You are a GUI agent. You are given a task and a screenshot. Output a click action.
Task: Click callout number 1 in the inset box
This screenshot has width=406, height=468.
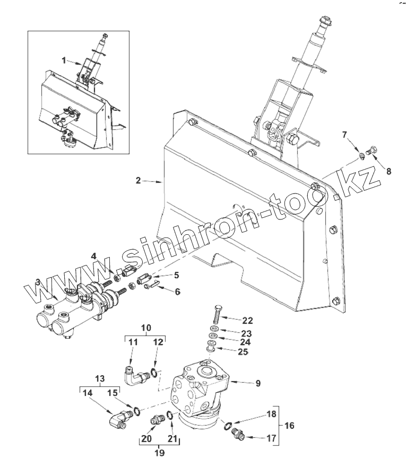click(64, 60)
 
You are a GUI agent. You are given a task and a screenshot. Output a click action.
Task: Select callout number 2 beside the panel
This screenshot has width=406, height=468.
click(138, 181)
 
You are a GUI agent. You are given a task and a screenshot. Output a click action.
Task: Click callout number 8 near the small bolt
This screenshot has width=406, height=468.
click(388, 171)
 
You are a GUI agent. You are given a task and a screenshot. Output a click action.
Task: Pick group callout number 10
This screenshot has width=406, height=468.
click(145, 328)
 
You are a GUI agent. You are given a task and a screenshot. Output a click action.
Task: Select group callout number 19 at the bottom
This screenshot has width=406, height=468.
click(159, 453)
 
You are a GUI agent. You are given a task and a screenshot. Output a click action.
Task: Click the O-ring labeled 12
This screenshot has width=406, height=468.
click(153, 373)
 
